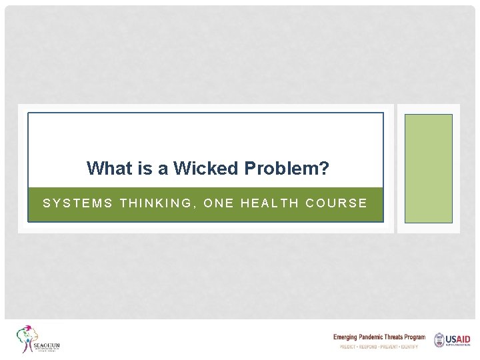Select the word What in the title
(110, 168)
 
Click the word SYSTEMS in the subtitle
(78, 203)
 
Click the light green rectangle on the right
(428, 168)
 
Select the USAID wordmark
(459, 339)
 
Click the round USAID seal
(439, 340)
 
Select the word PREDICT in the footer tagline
(349, 347)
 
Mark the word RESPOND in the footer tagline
(370, 347)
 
